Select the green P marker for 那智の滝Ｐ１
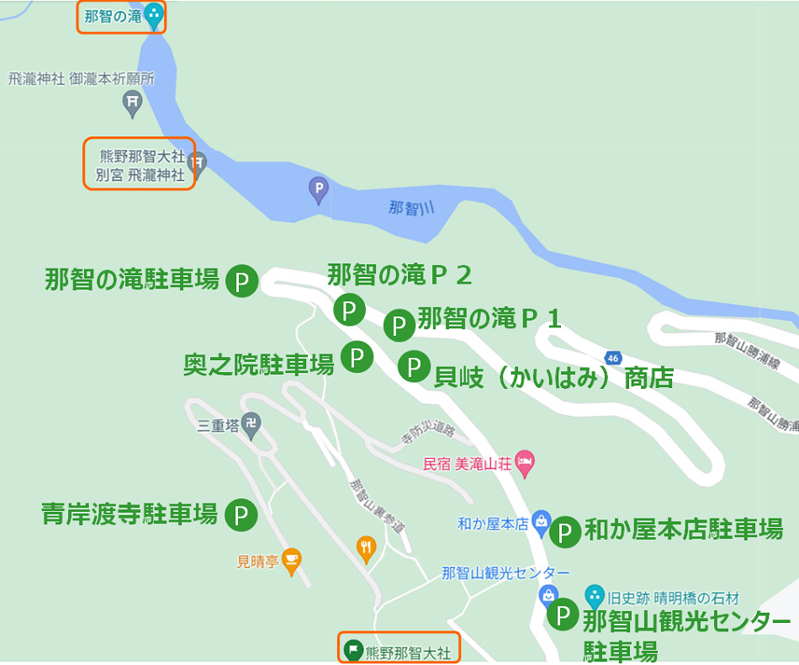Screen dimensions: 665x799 (x=399, y=324)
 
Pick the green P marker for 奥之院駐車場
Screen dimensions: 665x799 (x=357, y=358)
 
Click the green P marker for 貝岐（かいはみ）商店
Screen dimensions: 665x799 (x=414, y=366)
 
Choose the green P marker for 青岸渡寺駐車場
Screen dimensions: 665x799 (x=241, y=514)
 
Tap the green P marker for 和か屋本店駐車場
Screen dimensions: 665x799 (x=565, y=531)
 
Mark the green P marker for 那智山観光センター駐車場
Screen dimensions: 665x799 (x=563, y=614)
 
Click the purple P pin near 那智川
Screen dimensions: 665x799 (x=319, y=189)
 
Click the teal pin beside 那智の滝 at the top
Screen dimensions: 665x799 (x=153, y=14)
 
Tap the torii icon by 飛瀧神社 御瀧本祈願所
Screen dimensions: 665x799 (x=132, y=104)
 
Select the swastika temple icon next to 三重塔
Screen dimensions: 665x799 (x=251, y=423)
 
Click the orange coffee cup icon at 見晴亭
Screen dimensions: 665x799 (x=292, y=560)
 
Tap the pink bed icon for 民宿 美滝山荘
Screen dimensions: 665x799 (x=525, y=461)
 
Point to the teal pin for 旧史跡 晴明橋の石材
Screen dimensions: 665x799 (x=595, y=597)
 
